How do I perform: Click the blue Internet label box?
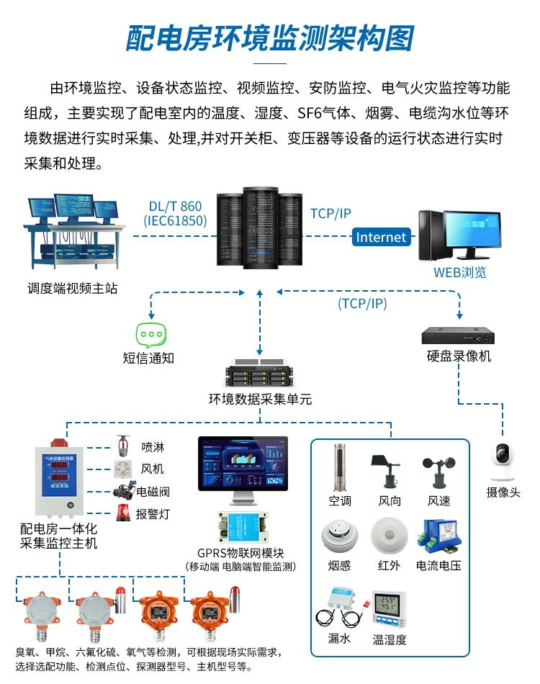click(382, 237)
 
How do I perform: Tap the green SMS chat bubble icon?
click(151, 336)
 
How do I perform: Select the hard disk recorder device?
click(459, 336)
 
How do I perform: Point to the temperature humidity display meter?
click(389, 610)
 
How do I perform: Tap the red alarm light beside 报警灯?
click(123, 513)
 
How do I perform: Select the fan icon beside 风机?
click(122, 468)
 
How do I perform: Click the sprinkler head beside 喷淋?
click(123, 446)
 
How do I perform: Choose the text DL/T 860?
click(175, 207)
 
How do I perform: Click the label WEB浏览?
click(459, 272)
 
